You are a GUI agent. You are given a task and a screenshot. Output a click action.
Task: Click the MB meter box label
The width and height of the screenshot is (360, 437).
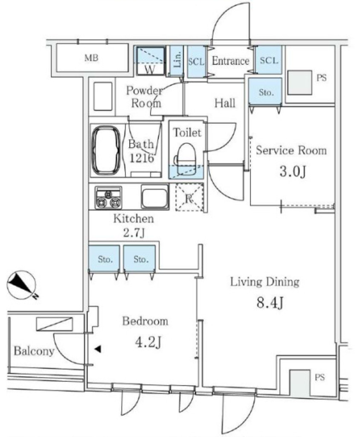click(x=91, y=58)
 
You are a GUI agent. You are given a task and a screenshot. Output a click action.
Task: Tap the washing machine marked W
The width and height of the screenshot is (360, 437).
click(x=151, y=61)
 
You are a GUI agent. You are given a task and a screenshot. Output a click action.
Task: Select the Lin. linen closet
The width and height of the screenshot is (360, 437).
click(x=177, y=61)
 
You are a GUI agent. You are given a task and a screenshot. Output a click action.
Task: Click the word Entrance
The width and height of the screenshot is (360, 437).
click(x=230, y=61)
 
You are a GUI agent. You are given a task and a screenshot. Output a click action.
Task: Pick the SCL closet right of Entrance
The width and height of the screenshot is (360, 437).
click(x=269, y=60)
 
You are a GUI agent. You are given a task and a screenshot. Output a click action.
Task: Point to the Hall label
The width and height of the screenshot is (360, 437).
click(x=225, y=103)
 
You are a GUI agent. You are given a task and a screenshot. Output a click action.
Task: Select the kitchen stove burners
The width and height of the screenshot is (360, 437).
click(x=108, y=198)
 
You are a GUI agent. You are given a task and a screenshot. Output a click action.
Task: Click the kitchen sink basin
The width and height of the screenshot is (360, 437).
click(x=155, y=196)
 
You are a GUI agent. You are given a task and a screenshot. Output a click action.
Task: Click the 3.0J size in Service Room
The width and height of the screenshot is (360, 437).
click(x=293, y=172)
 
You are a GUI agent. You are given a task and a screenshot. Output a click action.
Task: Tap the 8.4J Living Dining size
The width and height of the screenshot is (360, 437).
click(x=270, y=303)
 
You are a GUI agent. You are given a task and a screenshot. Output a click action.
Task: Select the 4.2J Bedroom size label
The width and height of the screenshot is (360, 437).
click(x=148, y=342)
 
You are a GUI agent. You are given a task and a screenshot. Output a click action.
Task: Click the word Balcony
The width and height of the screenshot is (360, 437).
click(x=34, y=351)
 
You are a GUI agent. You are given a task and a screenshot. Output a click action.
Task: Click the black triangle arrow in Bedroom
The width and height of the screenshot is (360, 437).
click(x=98, y=349)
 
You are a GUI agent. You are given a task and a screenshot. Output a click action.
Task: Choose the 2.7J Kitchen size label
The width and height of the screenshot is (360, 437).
click(x=134, y=233)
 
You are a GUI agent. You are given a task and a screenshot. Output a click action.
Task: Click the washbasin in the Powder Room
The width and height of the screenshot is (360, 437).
click(x=103, y=96)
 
